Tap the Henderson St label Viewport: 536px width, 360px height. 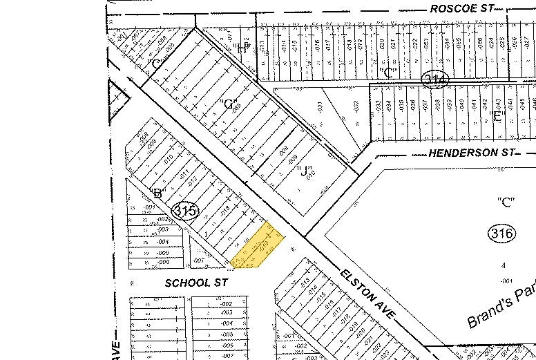(x=472, y=152)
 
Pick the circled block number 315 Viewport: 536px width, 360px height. (x=186, y=211)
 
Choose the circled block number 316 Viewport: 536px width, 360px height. (x=501, y=234)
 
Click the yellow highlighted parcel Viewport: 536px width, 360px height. (x=257, y=246)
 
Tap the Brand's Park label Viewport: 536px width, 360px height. (x=500, y=307)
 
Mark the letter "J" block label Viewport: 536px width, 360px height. (x=305, y=170)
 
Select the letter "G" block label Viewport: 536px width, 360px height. (x=227, y=104)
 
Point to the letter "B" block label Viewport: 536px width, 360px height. (x=155, y=193)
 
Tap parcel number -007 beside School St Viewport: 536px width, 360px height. (x=198, y=260)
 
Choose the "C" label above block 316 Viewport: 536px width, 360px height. (x=507, y=202)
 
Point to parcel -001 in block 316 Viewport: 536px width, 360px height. (x=505, y=280)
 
